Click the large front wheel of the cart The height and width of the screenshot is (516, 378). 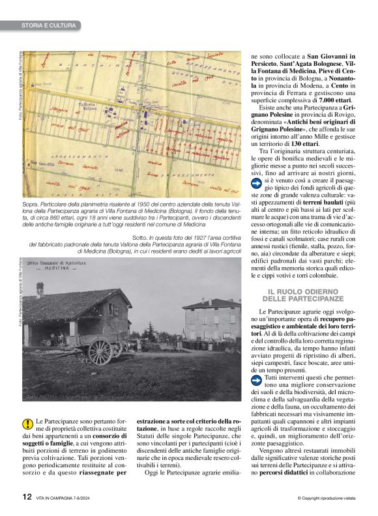(x=100, y=352)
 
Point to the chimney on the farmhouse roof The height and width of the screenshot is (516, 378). (x=40, y=289)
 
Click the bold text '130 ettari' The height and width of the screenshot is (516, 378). (x=300, y=143)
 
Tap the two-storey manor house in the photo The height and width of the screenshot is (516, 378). (x=211, y=319)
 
